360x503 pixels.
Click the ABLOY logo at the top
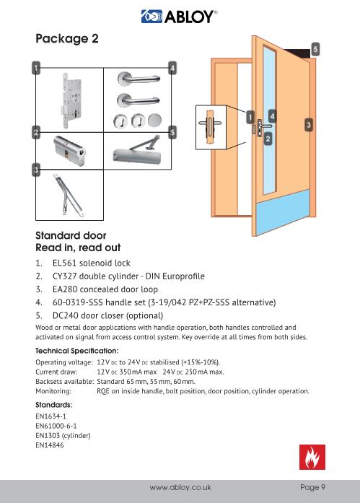click(179, 17)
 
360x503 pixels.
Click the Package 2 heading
click(67, 39)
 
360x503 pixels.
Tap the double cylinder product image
click(69, 150)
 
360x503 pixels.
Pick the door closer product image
click(137, 151)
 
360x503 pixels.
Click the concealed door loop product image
click(69, 195)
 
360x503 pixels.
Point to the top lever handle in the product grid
click(139, 79)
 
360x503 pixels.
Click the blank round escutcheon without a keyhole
click(155, 121)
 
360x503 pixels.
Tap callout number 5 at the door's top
click(315, 49)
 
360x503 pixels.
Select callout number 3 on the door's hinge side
click(308, 125)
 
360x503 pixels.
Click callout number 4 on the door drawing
click(272, 116)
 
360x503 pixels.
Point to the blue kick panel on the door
click(284, 212)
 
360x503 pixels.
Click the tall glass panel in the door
click(269, 121)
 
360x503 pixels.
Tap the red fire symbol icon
click(312, 457)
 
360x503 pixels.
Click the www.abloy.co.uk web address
click(180, 488)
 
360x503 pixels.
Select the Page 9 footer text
click(313, 487)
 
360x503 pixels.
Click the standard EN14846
click(50, 445)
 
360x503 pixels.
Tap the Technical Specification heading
click(77, 351)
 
